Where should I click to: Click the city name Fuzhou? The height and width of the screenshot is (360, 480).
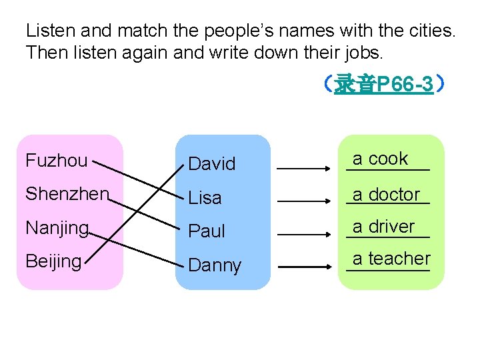pos(56,161)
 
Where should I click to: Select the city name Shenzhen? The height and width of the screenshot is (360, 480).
pos(67,193)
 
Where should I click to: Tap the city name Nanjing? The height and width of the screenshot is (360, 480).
pos(57,228)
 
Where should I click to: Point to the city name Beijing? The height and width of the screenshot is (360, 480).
pos(53,261)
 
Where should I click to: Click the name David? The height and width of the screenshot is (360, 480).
pos(211,163)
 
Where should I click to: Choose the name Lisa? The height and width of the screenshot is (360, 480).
pos(205,198)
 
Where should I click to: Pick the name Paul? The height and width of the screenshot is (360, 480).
pos(207,231)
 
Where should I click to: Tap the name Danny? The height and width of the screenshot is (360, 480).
pos(215,265)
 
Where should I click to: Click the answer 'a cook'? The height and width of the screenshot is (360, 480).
pos(380,159)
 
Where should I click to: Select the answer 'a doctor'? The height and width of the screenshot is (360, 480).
pos(387,195)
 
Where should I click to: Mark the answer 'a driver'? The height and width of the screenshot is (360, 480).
pos(384,227)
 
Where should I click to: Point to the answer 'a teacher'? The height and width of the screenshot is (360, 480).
pos(391,258)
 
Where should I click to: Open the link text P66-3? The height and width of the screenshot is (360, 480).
pos(384,84)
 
